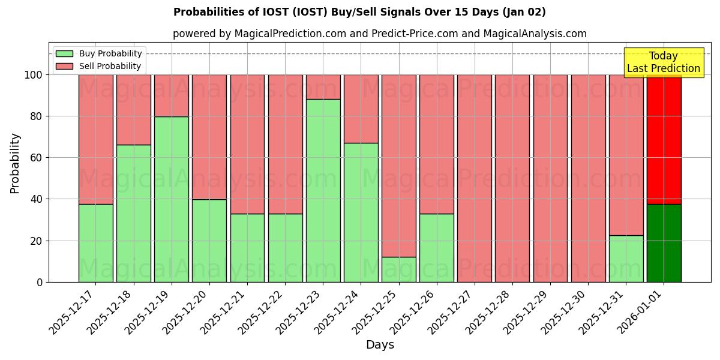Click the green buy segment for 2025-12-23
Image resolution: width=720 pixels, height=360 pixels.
pos(323,190)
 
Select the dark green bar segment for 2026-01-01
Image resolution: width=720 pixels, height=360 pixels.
pos(664,243)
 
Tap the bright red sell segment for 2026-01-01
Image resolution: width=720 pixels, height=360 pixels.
pos(664,139)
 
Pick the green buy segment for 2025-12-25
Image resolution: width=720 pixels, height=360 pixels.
pos(399,269)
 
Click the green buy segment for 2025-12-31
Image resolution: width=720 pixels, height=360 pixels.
pos(626,259)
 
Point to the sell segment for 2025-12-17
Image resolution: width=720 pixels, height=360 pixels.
pos(96,139)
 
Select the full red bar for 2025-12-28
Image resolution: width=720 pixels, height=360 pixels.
pos(512,178)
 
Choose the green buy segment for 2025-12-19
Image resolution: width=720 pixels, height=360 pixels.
pos(172,199)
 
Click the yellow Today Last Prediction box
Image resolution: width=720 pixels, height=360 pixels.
pos(663,62)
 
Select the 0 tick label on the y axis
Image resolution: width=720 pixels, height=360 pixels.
pos(40,282)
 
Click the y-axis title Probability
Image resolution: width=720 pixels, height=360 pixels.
pos(15,163)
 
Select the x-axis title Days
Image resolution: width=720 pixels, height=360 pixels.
pos(380,345)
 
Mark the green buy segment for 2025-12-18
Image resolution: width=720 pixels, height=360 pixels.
pos(134,213)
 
